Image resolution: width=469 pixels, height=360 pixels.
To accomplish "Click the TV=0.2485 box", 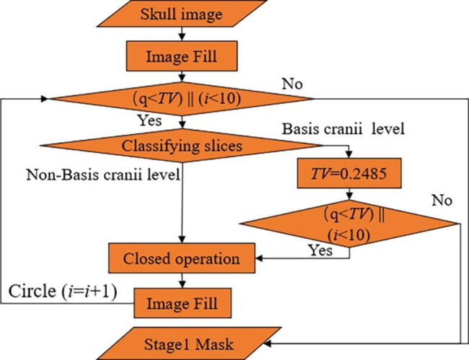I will (349, 173).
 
